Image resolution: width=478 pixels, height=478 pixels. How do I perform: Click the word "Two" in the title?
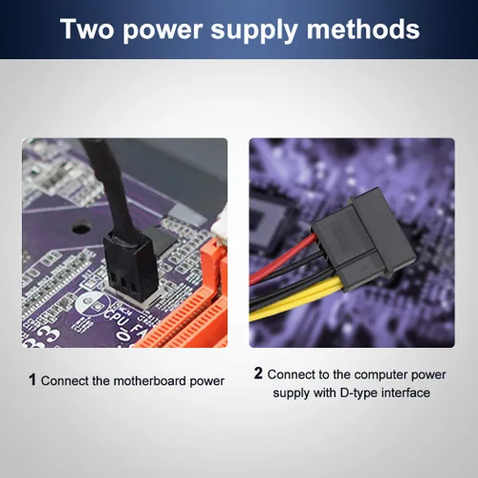click(x=87, y=29)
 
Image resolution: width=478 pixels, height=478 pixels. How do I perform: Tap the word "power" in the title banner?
click(x=163, y=32)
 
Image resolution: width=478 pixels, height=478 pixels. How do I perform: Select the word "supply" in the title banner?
click(x=254, y=32)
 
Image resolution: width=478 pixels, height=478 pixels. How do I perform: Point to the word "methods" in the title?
click(x=363, y=29)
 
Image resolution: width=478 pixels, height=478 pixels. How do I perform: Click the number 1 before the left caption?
click(x=33, y=380)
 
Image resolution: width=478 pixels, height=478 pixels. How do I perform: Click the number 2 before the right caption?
click(x=258, y=373)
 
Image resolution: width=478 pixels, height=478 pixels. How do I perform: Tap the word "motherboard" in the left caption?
click(x=150, y=380)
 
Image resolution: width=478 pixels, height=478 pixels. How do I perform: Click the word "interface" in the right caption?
click(x=405, y=392)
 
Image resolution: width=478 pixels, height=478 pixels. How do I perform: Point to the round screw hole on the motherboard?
click(x=81, y=227)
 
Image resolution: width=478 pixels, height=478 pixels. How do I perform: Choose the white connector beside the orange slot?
click(x=219, y=228)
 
